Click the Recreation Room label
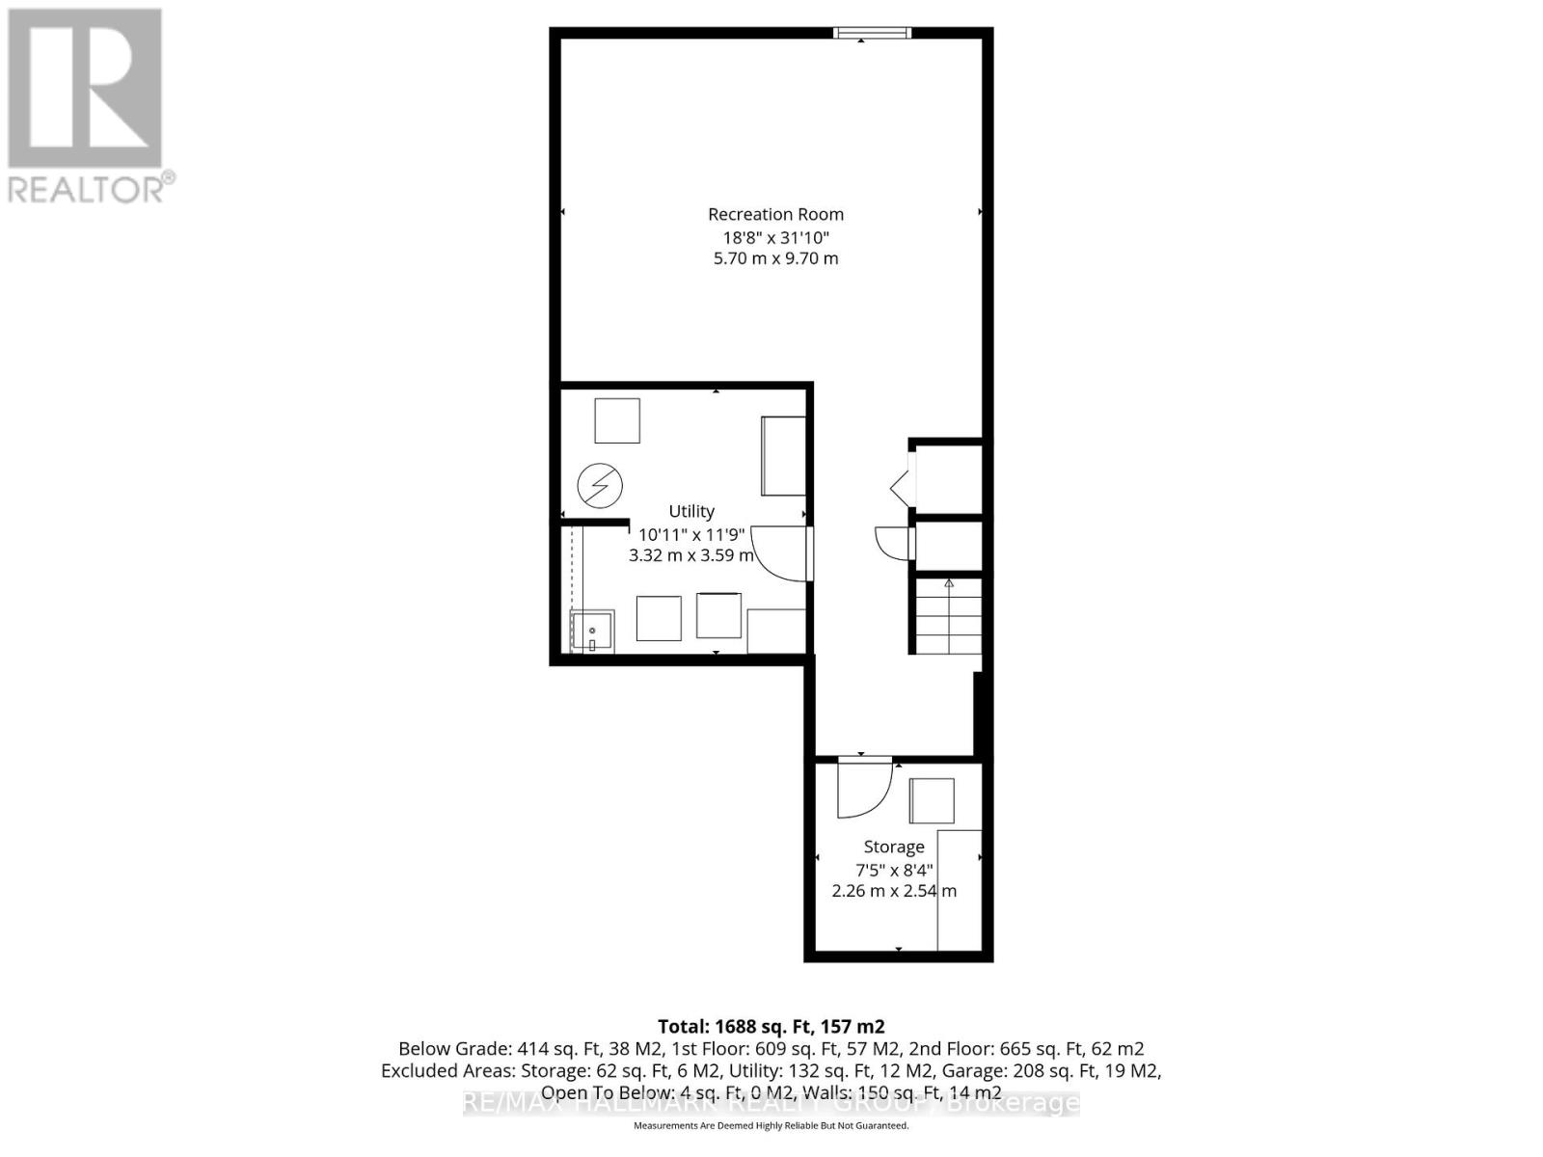(775, 214)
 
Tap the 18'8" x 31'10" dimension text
(775, 237)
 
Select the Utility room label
(691, 511)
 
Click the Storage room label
(893, 847)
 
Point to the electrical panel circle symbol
(600, 486)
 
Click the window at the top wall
(872, 34)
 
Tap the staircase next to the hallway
(948, 616)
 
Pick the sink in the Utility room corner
(592, 632)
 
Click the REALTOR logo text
(92, 187)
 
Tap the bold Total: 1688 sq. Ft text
(771, 1026)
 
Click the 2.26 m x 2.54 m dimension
(893, 891)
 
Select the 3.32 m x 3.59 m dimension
(691, 555)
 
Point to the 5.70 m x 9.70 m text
(775, 258)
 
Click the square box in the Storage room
(932, 800)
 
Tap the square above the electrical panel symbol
(617, 420)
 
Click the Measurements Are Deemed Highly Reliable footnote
(771, 1125)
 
